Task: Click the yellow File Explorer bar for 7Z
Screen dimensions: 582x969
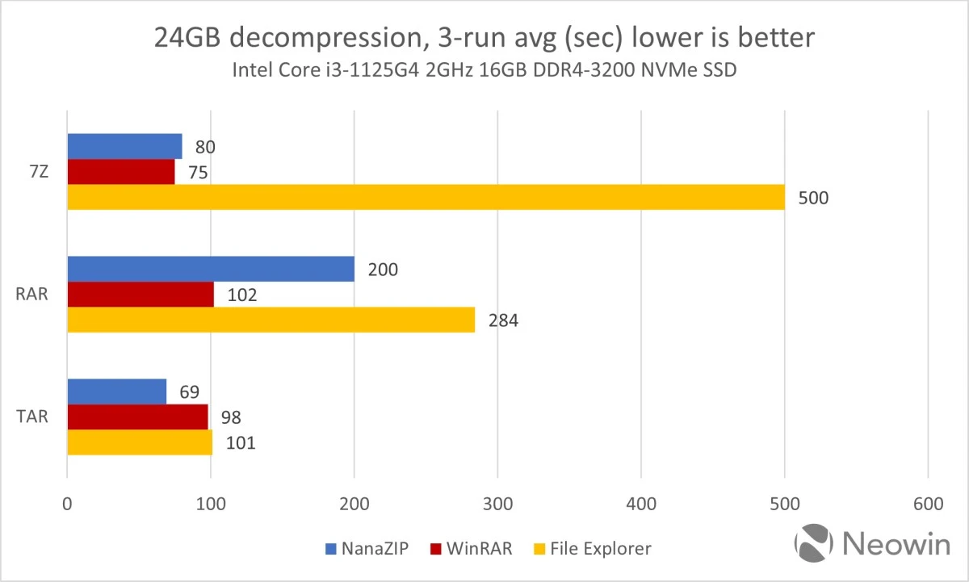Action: (x=426, y=197)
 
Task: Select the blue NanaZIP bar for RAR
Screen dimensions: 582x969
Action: (x=211, y=269)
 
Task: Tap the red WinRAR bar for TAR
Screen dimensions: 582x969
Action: (x=137, y=417)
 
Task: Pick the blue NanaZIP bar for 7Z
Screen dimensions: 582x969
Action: (x=124, y=146)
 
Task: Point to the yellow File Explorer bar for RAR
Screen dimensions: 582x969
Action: (x=271, y=320)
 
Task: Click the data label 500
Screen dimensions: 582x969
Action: (x=814, y=198)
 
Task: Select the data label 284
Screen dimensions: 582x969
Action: (x=502, y=320)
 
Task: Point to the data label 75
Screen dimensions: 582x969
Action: (x=199, y=173)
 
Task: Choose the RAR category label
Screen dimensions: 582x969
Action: (x=33, y=295)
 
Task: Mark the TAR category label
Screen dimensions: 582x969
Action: (x=33, y=417)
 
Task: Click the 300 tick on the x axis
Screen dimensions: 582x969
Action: (x=497, y=504)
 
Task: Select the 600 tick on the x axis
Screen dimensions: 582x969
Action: (x=928, y=504)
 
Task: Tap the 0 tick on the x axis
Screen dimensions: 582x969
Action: (x=67, y=504)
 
